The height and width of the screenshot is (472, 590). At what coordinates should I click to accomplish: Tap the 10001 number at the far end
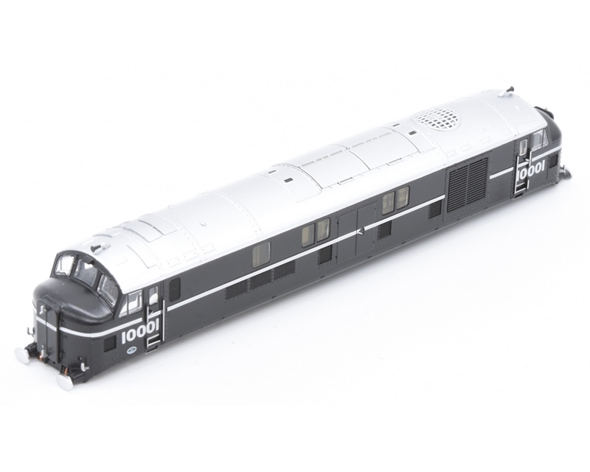(x=530, y=173)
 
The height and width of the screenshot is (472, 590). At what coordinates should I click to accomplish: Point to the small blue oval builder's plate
(x=129, y=350)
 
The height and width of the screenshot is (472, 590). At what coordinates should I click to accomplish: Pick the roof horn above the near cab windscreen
(x=97, y=246)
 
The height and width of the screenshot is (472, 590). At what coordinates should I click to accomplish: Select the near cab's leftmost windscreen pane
(x=63, y=264)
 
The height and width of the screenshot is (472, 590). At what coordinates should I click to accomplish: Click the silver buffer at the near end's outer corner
(x=21, y=353)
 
